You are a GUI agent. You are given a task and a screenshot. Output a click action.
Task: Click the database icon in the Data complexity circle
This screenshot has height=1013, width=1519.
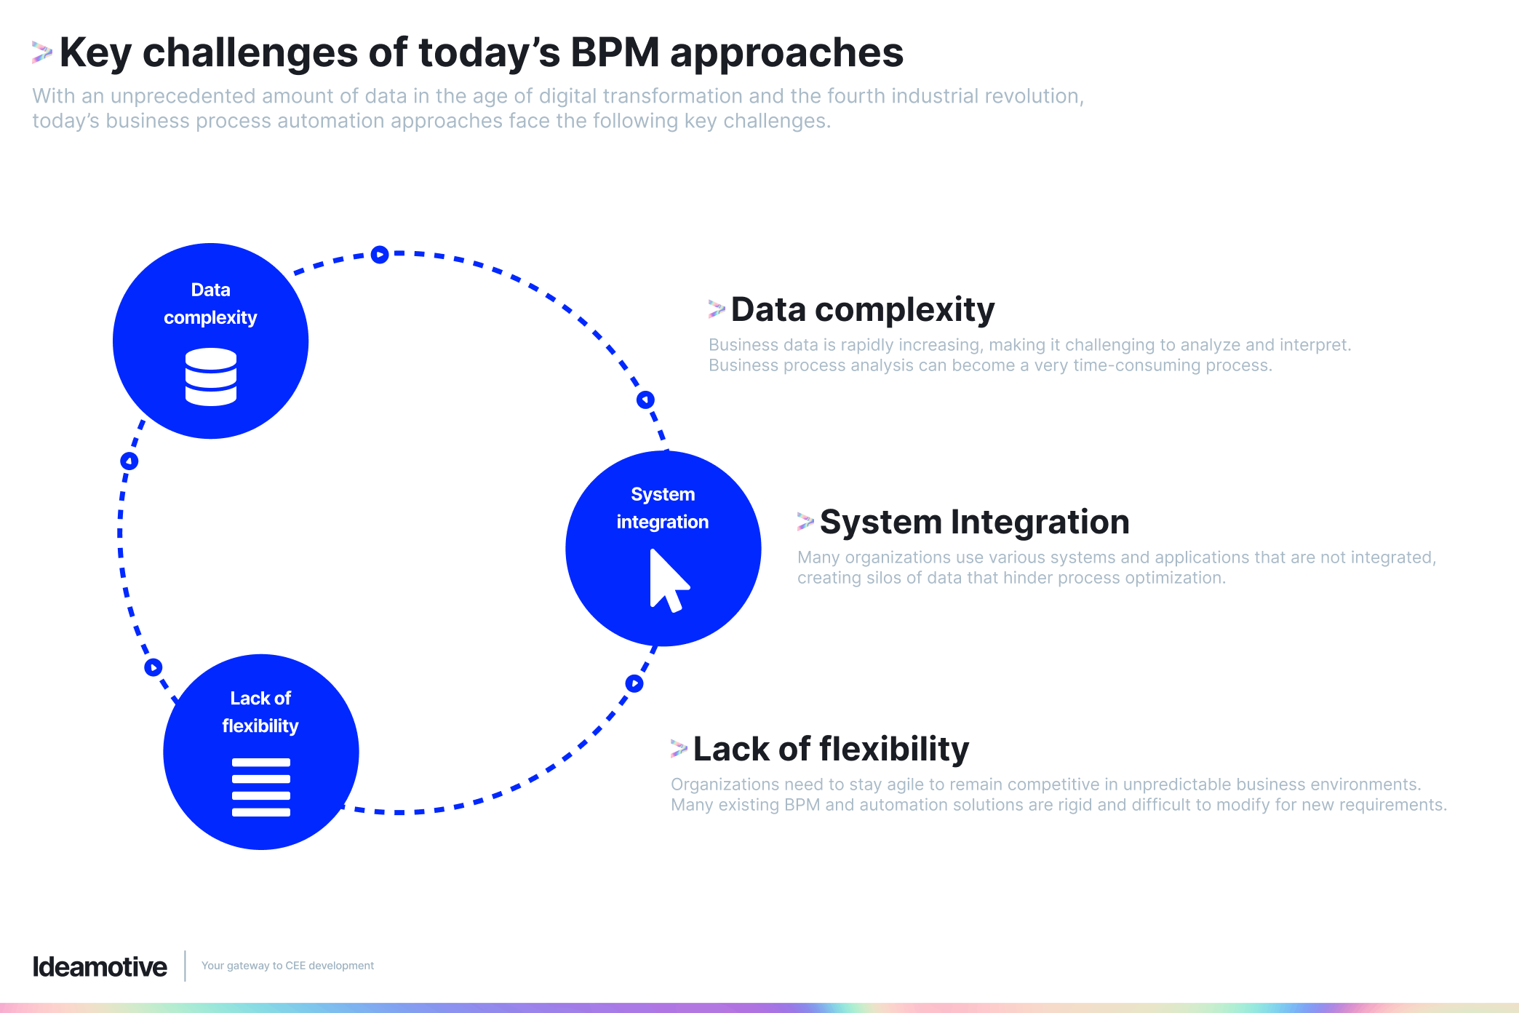[211, 376]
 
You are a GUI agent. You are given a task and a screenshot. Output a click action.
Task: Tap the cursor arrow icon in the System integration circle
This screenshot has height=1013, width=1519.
[668, 581]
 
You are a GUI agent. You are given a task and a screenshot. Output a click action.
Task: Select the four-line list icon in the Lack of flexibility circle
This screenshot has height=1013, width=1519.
[261, 787]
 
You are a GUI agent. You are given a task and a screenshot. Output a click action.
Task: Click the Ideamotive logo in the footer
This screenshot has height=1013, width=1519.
[100, 966]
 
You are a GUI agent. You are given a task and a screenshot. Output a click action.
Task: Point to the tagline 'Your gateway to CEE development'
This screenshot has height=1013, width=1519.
[287, 966]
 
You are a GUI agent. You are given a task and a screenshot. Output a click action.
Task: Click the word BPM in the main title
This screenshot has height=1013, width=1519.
[615, 53]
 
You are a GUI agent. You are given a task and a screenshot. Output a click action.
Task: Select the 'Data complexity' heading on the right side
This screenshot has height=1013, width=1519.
[862, 309]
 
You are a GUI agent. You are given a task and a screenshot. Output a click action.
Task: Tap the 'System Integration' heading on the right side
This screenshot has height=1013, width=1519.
[974, 522]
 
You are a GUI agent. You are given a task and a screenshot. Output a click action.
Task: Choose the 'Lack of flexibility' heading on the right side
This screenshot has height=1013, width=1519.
[831, 749]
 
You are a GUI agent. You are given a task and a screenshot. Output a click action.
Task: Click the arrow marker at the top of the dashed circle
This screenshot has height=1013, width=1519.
[380, 255]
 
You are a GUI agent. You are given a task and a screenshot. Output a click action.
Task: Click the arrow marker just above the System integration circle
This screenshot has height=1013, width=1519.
[645, 400]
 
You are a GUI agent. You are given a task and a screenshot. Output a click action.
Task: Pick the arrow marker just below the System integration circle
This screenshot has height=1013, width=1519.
[634, 683]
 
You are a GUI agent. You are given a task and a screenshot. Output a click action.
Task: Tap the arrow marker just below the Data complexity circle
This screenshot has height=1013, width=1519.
[129, 461]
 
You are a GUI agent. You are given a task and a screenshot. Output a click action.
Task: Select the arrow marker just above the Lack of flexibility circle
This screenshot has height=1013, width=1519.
[154, 667]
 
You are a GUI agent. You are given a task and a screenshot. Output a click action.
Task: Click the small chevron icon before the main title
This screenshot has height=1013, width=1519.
[42, 52]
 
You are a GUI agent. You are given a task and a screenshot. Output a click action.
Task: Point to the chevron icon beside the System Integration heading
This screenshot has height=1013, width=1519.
[805, 521]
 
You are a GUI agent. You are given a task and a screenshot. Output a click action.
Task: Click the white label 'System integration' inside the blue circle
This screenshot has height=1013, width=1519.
[663, 508]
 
